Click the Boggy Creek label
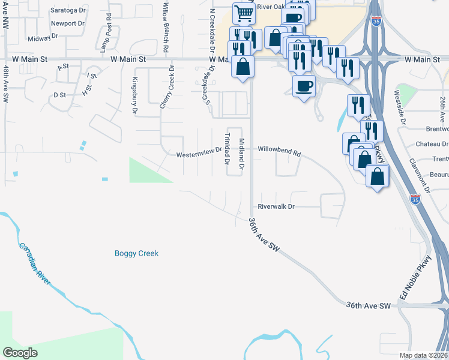coord(136,253)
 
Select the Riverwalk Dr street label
coord(277,206)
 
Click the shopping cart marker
coord(243,13)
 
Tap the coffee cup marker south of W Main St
coord(303,85)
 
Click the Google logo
coord(20,353)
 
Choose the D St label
coord(59,95)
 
